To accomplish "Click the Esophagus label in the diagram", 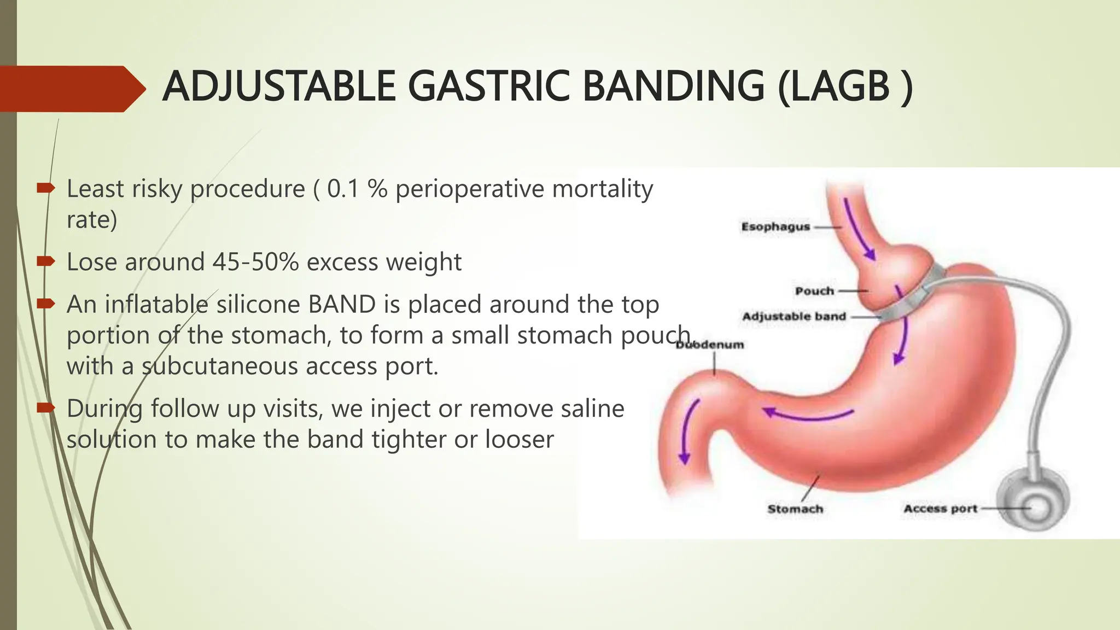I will pyautogui.click(x=775, y=227).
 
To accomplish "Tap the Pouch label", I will pyautogui.click(x=814, y=291).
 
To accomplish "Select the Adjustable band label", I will pyautogui.click(x=794, y=317).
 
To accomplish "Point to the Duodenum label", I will pyautogui.click(x=710, y=345).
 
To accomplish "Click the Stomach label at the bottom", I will pyautogui.click(x=795, y=509).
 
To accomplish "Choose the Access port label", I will pyautogui.click(x=940, y=509).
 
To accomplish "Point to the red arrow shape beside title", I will pyautogui.click(x=71, y=89).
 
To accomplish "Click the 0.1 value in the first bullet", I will pyautogui.click(x=343, y=189).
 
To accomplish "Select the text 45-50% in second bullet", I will pyautogui.click(x=255, y=262).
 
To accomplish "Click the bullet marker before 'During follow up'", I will pyautogui.click(x=45, y=408).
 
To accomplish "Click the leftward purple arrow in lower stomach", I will pyautogui.click(x=807, y=416).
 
